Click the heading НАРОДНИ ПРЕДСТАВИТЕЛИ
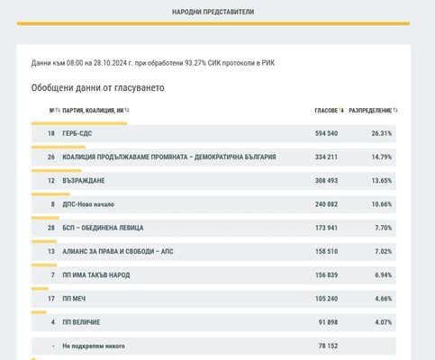click(213, 12)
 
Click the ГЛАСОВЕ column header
click(326, 111)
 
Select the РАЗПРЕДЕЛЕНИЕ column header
click(370, 111)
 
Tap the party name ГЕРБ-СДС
click(77, 133)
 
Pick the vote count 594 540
click(326, 133)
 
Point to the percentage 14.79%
click(382, 157)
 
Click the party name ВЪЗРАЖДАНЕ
click(84, 181)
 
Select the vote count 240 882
click(326, 204)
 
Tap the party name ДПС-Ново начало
click(88, 204)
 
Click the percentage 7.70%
click(384, 228)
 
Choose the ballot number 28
click(51, 228)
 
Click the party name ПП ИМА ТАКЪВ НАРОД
click(96, 275)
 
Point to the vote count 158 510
click(326, 251)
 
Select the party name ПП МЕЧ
click(74, 299)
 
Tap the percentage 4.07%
click(384, 322)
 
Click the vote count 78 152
click(328, 346)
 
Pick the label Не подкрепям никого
click(94, 346)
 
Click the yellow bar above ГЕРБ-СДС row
click(79, 123)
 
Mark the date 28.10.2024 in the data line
click(110, 63)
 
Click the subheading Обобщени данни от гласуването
click(98, 88)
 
